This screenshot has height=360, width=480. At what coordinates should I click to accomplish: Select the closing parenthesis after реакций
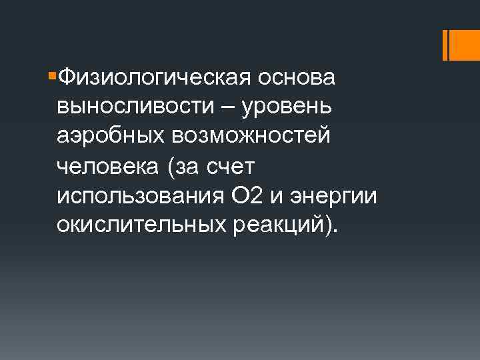330,227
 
